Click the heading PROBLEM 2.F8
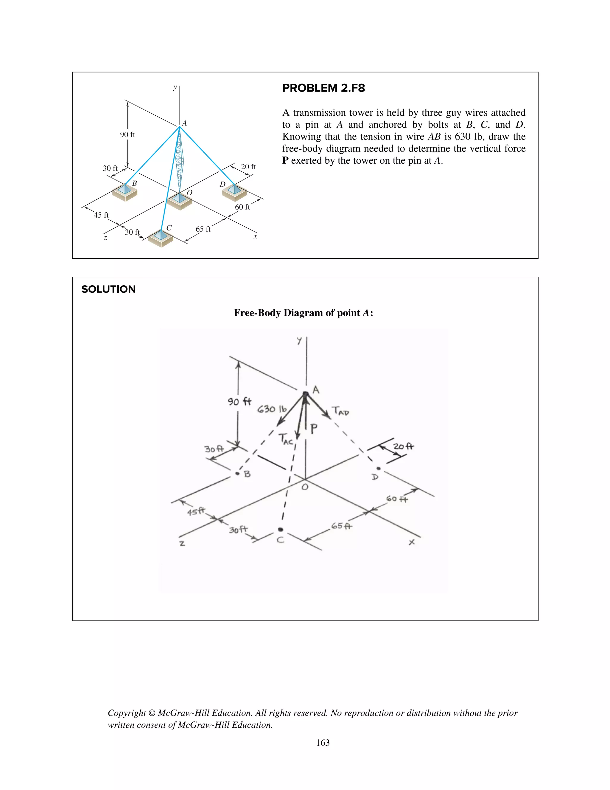pyautogui.click(x=323, y=88)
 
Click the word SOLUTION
pyautogui.click(x=108, y=289)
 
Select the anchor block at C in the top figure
pyautogui.click(x=161, y=238)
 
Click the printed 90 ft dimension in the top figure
pyautogui.click(x=127, y=134)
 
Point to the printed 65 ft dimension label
pyautogui.click(x=203, y=229)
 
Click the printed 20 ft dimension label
pyautogui.click(x=248, y=167)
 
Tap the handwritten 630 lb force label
pyautogui.click(x=272, y=409)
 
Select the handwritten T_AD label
pyautogui.click(x=340, y=411)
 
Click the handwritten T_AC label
pyautogui.click(x=286, y=439)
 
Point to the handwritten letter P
pyautogui.click(x=314, y=429)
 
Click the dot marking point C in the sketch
pyautogui.click(x=280, y=529)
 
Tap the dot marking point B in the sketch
pyautogui.click(x=237, y=473)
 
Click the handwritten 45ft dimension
pyautogui.click(x=196, y=512)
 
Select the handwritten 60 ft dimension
pyautogui.click(x=397, y=499)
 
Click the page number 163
pyautogui.click(x=323, y=743)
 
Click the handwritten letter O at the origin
pyautogui.click(x=305, y=487)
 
